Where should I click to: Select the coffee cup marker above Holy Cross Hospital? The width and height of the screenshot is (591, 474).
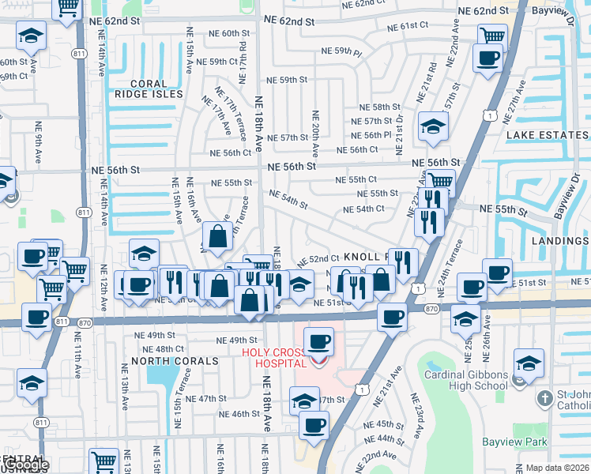tap(318, 341)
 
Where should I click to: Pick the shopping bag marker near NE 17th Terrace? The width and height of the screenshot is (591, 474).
tap(217, 235)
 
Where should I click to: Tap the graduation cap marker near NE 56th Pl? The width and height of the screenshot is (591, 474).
tap(433, 126)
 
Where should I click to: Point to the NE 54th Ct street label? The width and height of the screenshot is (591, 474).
tap(363, 209)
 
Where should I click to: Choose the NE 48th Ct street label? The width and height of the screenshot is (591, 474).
tap(164, 349)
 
